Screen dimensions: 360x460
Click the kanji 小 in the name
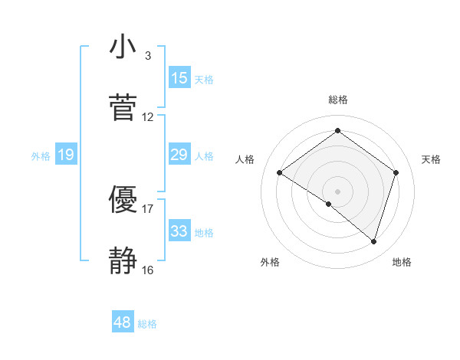[123, 47]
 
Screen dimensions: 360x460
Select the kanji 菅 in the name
[123, 108]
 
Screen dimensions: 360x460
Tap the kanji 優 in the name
[123, 200]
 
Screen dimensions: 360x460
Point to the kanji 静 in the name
[123, 261]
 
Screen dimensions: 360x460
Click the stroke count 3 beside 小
[147, 56]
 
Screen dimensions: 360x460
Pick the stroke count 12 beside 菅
[148, 117]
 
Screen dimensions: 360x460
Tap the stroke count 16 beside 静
[148, 270]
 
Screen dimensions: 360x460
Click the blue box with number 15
[179, 77]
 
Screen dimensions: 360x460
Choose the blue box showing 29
[179, 155]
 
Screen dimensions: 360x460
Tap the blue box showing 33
[179, 231]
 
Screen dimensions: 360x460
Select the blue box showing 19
[66, 155]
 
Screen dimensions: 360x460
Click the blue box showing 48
[122, 322]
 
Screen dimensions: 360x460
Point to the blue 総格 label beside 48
[147, 324]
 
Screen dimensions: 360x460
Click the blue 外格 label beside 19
[41, 156]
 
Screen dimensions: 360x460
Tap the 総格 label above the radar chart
[338, 100]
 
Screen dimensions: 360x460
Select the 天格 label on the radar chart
[431, 159]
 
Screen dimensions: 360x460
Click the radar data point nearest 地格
[373, 241]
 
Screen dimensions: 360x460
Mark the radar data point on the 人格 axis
[280, 173]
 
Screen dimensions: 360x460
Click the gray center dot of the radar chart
[338, 191]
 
